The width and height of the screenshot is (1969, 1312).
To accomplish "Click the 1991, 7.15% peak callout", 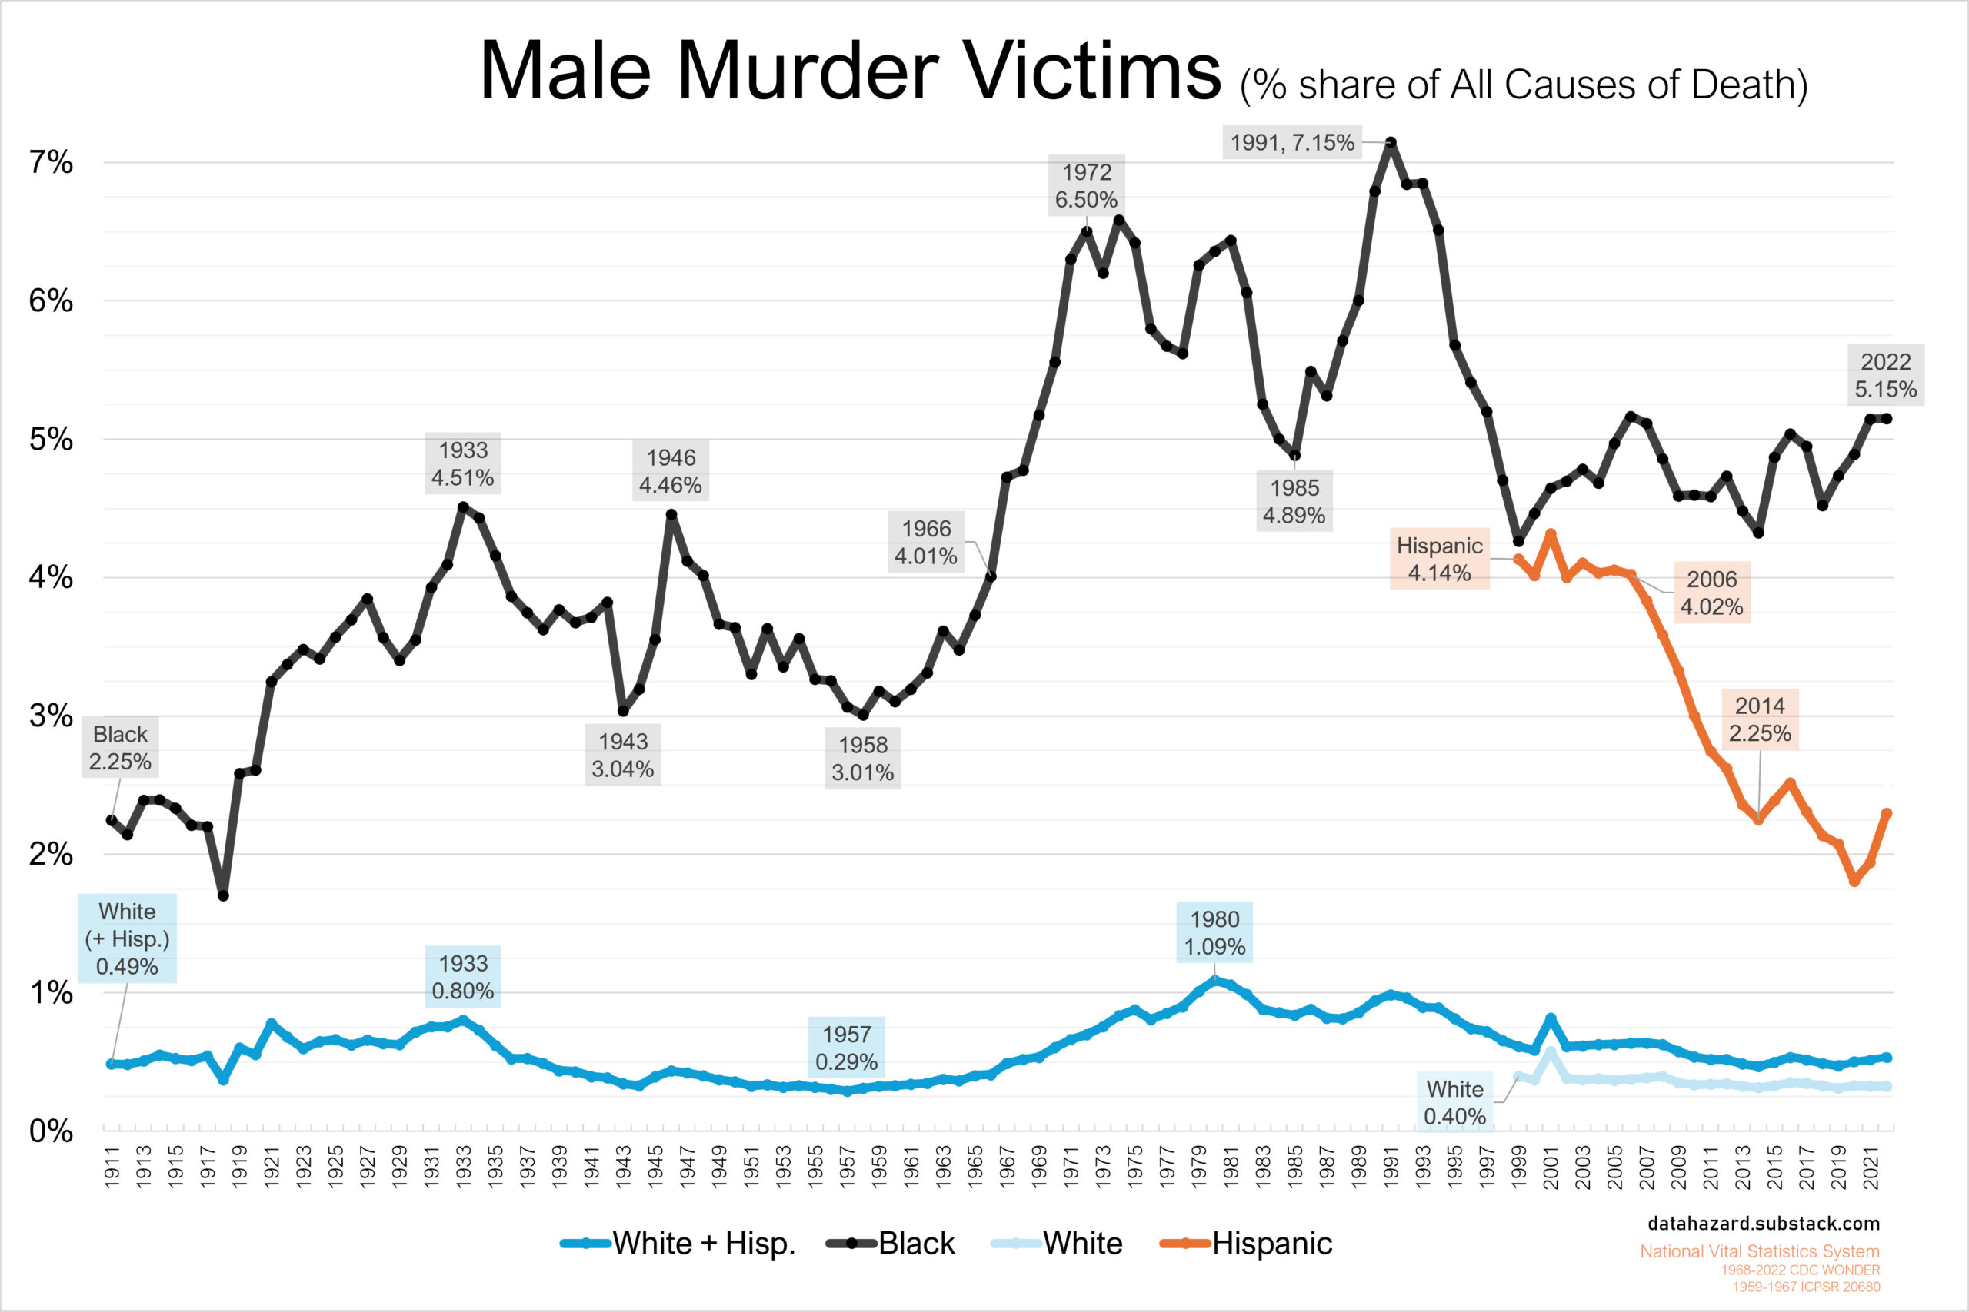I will (1291, 143).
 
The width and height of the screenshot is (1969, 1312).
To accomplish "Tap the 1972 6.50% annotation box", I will (1086, 186).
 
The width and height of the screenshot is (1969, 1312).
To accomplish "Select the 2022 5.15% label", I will (1884, 376).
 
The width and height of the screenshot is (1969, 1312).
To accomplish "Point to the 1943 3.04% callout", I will (622, 755).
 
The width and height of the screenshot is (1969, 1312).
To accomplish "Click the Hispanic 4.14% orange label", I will (1438, 559).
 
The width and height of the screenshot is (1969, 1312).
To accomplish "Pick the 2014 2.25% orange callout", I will (1759, 719).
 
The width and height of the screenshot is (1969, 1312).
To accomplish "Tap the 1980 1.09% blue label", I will (1214, 933).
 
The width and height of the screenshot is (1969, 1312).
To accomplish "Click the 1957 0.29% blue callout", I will (845, 1048).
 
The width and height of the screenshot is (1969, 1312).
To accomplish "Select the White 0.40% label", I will (1454, 1102).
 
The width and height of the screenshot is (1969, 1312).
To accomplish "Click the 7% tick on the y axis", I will (51, 162).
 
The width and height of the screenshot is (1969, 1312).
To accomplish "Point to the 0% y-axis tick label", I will (51, 1131).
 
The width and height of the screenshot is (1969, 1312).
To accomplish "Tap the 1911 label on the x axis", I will (112, 1168).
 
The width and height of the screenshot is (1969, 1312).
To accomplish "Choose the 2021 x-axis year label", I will (1871, 1168).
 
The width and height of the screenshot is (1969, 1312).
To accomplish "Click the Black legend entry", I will (891, 1244).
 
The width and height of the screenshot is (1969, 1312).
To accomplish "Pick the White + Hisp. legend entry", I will (678, 1244).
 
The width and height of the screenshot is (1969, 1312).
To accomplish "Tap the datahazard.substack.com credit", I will (1763, 1224).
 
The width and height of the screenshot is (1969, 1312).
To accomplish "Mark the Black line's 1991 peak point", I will (1391, 143).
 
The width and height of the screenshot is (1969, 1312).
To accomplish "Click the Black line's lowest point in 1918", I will (224, 895).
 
